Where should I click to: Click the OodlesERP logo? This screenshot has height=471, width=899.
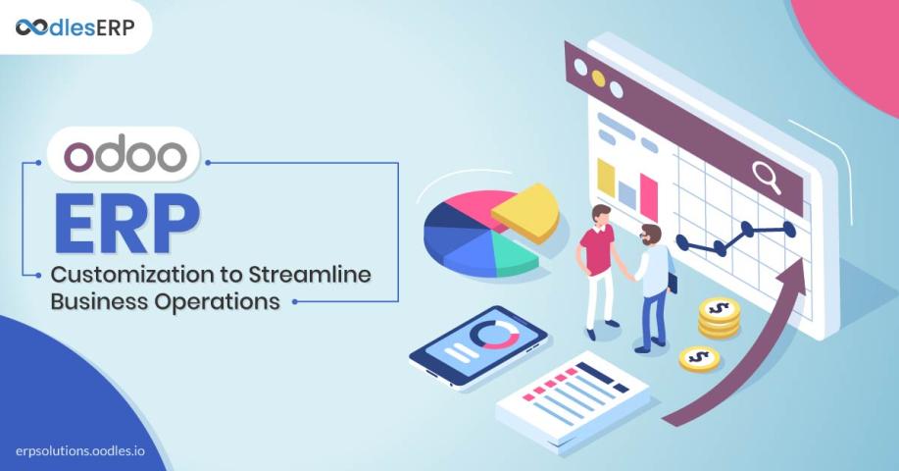(x=75, y=26)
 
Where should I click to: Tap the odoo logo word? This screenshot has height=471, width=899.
(x=125, y=154)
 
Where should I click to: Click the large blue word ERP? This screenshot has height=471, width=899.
(x=126, y=225)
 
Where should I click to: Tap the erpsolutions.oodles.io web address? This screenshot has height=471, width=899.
(x=80, y=451)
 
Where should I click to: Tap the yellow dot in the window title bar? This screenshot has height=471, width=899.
(x=598, y=78)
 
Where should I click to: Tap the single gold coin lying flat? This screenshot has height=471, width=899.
(x=699, y=359)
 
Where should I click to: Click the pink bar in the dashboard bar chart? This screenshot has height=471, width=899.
(x=648, y=196)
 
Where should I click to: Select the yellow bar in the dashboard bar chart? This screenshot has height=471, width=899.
(x=606, y=179)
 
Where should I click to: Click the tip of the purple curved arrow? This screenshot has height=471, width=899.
(x=803, y=257)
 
